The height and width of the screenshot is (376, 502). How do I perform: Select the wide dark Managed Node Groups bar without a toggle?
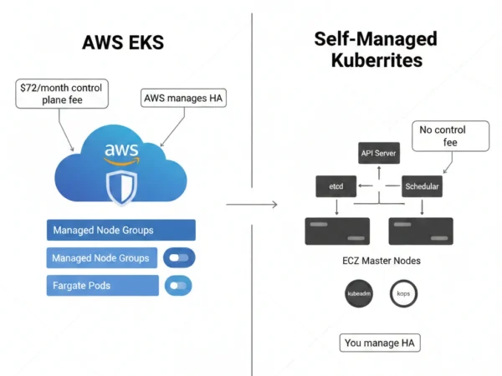120,230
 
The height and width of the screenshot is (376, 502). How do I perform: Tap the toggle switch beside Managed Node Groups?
178,258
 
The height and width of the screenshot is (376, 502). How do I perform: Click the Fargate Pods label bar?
102,286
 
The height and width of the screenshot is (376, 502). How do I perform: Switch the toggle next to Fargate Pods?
178,286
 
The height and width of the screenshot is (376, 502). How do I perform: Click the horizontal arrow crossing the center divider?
252,203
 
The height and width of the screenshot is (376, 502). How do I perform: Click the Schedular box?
421,186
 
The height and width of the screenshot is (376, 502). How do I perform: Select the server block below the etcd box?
336,231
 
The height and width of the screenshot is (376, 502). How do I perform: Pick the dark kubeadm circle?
358,294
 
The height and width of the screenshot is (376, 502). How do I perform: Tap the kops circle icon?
403,294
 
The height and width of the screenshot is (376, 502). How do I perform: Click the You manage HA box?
379,343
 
